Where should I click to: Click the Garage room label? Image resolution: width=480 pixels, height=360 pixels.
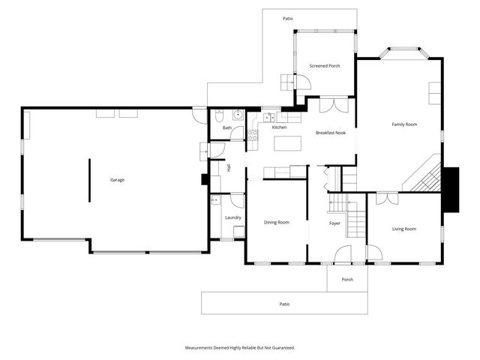tap(117, 180)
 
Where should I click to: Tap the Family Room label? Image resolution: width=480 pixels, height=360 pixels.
tap(404, 124)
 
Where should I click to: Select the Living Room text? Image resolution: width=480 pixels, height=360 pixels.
tap(403, 229)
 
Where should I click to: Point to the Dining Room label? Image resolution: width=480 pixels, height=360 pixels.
tap(276, 222)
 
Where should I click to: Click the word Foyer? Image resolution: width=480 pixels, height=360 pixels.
tap(334, 223)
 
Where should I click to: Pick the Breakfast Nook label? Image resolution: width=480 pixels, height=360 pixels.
tap(330, 132)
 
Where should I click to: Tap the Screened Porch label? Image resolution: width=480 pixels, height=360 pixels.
tap(325, 66)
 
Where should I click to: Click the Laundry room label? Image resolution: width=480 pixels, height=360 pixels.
tap(232, 217)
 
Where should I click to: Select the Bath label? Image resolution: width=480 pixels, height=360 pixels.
tap(226, 128)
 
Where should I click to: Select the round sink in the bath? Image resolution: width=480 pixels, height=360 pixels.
tap(237, 115)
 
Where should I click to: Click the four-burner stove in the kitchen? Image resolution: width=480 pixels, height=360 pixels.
tap(253, 135)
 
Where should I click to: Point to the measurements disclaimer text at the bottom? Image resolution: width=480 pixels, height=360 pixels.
tap(240, 348)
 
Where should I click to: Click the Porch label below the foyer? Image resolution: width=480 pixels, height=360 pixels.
tap(346, 280)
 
